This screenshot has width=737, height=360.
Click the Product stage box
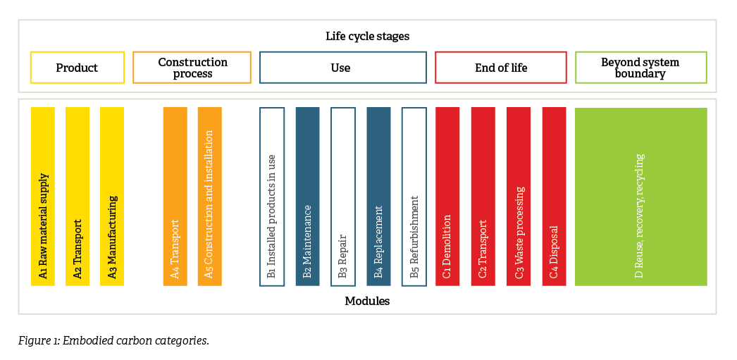[78, 68]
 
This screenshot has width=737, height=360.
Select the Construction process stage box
[192, 68]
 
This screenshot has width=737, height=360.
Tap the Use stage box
[343, 68]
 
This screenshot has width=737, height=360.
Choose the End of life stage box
[501, 68]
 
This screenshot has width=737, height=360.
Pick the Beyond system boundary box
[641, 68]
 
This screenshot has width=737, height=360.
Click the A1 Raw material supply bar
[43, 197]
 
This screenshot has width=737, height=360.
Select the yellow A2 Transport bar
[78, 197]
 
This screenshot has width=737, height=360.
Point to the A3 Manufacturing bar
[112, 197]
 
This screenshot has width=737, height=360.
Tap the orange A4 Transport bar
[175, 197]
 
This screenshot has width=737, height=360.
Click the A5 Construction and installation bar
[210, 197]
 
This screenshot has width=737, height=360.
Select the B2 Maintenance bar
[307, 197]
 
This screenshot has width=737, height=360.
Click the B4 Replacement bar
[379, 197]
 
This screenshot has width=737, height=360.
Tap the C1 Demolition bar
[447, 197]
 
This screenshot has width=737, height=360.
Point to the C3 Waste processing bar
[519, 197]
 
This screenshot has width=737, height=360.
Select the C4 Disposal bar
[555, 197]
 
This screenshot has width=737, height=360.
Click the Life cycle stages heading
[368, 36]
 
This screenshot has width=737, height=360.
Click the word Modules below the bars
[367, 301]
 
